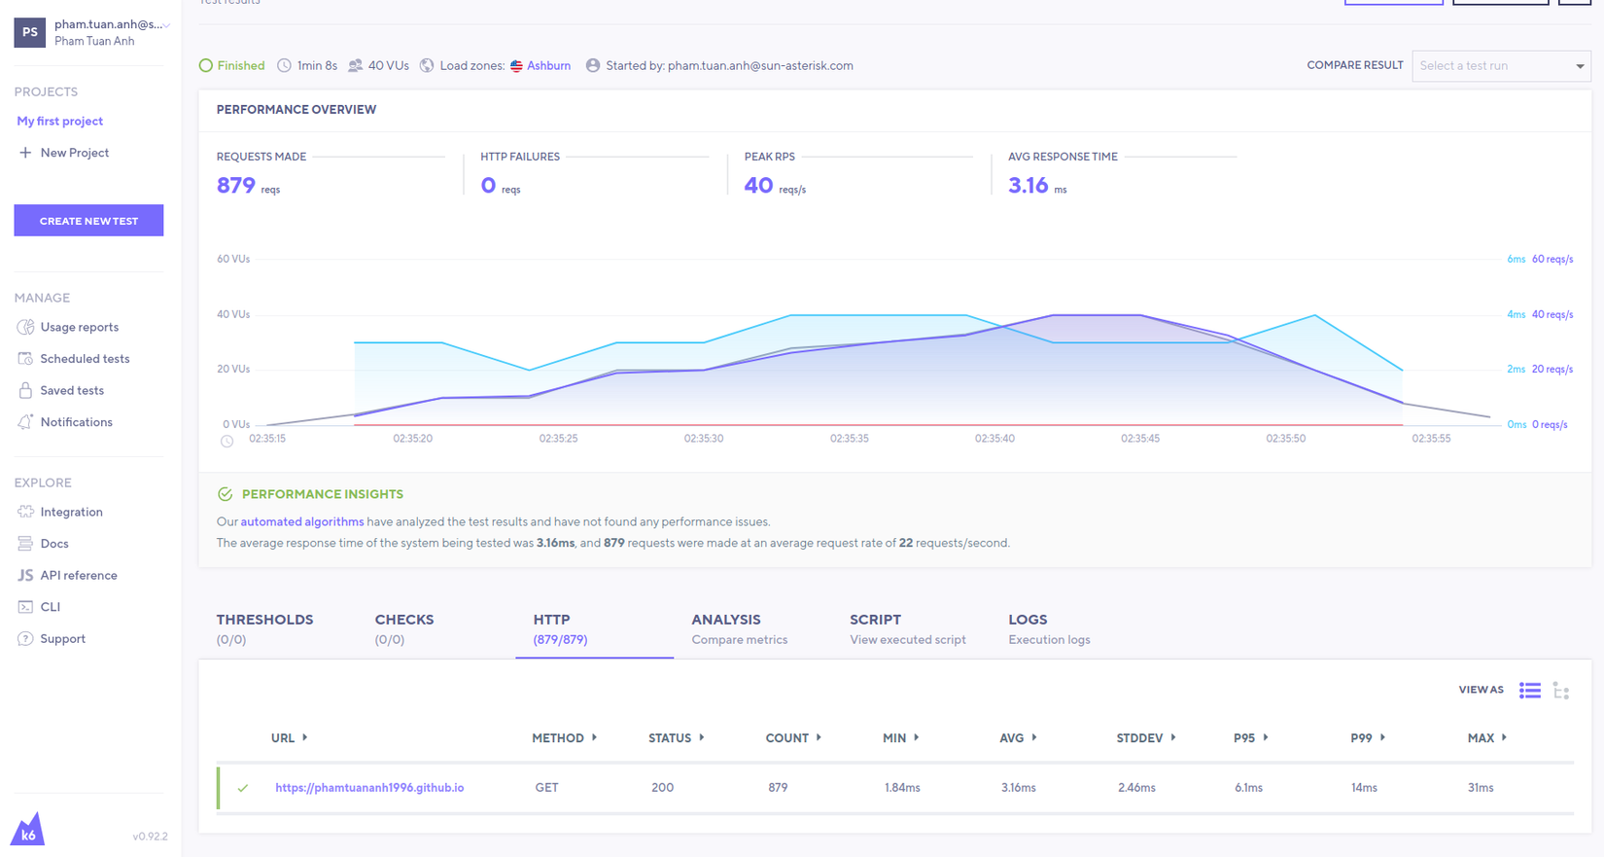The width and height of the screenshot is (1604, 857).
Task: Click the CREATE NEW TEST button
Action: (x=88, y=221)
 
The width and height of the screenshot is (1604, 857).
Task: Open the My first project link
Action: (x=59, y=122)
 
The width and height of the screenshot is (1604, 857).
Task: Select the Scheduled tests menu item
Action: (x=85, y=359)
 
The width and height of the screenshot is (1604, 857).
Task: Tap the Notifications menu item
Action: (x=76, y=422)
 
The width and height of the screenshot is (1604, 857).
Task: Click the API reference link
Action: (x=78, y=576)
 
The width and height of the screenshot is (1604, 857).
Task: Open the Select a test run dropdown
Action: (x=1501, y=66)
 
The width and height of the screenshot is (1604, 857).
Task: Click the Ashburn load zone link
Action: (x=548, y=66)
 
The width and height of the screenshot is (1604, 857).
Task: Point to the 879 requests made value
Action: (x=236, y=186)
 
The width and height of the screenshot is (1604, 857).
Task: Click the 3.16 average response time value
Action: (x=1028, y=186)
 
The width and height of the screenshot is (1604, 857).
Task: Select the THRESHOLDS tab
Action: (x=264, y=628)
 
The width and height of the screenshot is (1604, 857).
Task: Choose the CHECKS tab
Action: (x=404, y=628)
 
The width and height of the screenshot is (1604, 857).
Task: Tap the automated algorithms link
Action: (x=301, y=522)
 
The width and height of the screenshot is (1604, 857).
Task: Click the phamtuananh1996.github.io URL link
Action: (x=369, y=788)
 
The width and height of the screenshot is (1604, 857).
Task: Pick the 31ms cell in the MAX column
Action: (x=1480, y=788)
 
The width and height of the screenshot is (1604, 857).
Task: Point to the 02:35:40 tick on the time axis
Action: (x=994, y=439)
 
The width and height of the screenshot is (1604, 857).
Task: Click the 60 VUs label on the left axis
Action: (x=233, y=260)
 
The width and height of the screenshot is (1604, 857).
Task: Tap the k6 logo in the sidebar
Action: (x=28, y=830)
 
